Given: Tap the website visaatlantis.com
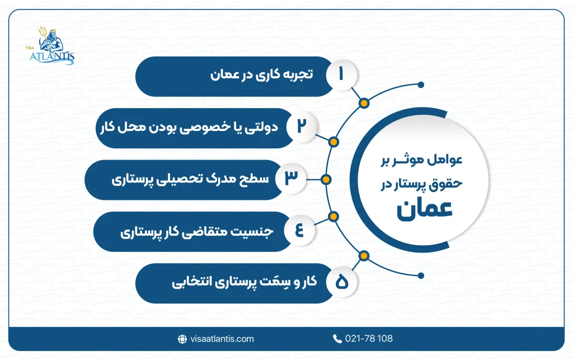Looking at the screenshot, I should click(221, 339).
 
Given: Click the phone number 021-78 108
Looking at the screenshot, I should click(368, 339).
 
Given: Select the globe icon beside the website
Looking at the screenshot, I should click(182, 339).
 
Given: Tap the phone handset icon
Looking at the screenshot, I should click(337, 339).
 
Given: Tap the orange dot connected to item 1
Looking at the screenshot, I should click(364, 103).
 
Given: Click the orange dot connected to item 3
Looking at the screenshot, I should click(327, 180).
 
